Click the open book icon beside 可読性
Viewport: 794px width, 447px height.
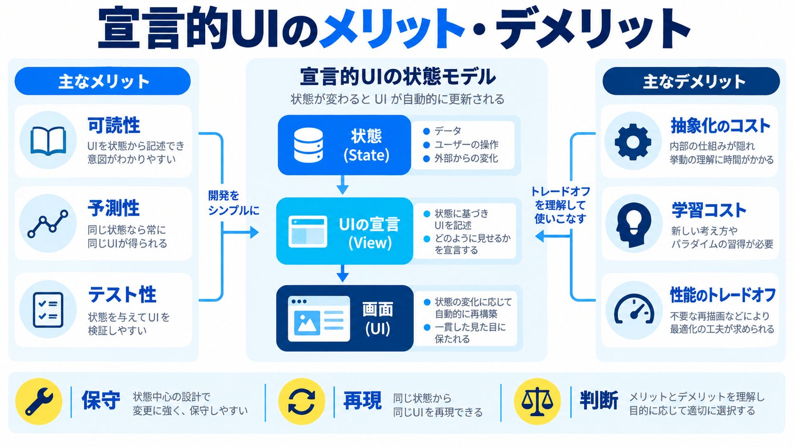pyautogui.click(x=48, y=141)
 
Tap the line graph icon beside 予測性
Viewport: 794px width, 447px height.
pyautogui.click(x=48, y=224)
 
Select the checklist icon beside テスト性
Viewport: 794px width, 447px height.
pyautogui.click(x=48, y=310)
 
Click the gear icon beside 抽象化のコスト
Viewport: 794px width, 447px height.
pyautogui.click(x=633, y=142)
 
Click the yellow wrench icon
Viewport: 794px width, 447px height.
pyautogui.click(x=39, y=401)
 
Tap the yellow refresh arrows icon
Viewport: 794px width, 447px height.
pyautogui.click(x=301, y=401)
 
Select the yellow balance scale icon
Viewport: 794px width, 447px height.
pyautogui.click(x=537, y=401)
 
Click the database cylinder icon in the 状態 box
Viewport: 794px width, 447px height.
pyautogui.click(x=308, y=145)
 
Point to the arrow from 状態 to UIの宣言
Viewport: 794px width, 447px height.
pyautogui.click(x=342, y=185)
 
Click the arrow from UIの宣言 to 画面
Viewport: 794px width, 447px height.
pyautogui.click(x=342, y=273)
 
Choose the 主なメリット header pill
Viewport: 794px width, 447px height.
pyautogui.click(x=103, y=81)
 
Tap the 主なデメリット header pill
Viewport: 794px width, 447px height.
pyautogui.click(x=691, y=81)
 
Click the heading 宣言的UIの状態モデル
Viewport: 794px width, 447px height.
pyautogui.click(x=397, y=77)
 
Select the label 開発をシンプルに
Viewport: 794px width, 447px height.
pyautogui.click(x=233, y=203)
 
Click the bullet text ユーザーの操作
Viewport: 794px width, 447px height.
pyautogui.click(x=466, y=144)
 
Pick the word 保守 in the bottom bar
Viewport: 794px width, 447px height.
pyautogui.click(x=101, y=400)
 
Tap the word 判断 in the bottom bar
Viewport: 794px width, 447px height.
pyautogui.click(x=599, y=400)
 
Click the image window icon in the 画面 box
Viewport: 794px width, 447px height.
pyautogui.click(x=319, y=319)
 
